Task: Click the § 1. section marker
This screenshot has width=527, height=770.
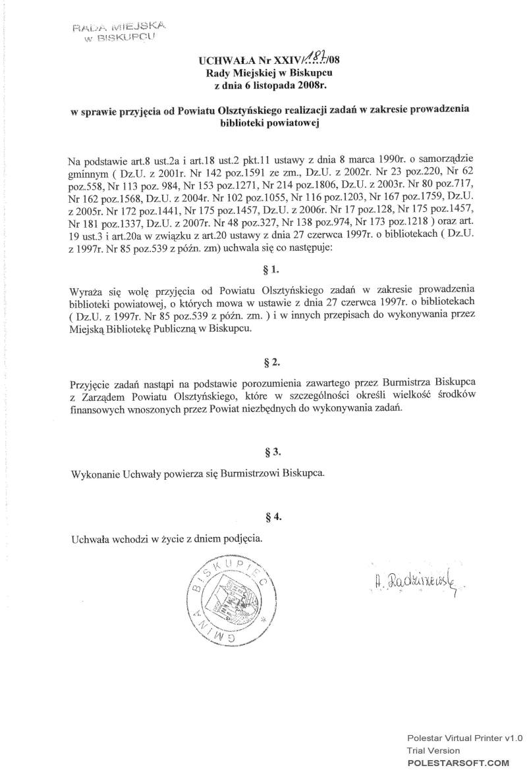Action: tap(271, 269)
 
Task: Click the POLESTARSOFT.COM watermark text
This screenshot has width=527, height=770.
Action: tap(459, 761)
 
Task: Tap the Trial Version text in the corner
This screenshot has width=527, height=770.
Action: tap(433, 750)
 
